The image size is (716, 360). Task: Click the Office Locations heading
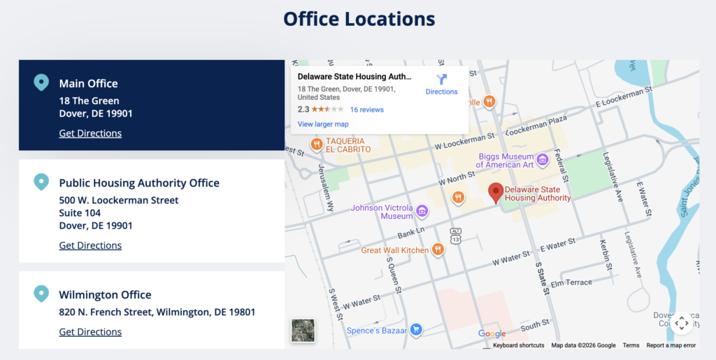(359, 19)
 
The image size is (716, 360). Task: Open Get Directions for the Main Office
(90, 134)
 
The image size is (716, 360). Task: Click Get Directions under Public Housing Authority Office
(90, 245)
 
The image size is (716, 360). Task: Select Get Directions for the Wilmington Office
(90, 332)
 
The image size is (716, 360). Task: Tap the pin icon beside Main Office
(41, 83)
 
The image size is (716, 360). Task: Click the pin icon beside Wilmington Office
(41, 294)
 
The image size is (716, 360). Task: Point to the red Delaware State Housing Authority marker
(495, 192)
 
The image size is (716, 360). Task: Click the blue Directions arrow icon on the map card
(441, 79)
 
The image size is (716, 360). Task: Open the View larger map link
(323, 124)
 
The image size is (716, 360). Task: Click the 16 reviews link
(367, 110)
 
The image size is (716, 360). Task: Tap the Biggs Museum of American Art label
(506, 161)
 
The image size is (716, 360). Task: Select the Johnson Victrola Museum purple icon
(422, 211)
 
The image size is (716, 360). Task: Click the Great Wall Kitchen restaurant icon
(438, 250)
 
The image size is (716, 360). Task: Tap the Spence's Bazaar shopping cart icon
(416, 329)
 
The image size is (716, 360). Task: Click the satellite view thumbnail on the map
(303, 331)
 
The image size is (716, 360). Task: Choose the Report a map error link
(671, 345)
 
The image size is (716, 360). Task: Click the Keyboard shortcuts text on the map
(518, 345)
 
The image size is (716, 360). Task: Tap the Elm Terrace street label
(572, 284)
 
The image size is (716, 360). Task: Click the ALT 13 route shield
(456, 235)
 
